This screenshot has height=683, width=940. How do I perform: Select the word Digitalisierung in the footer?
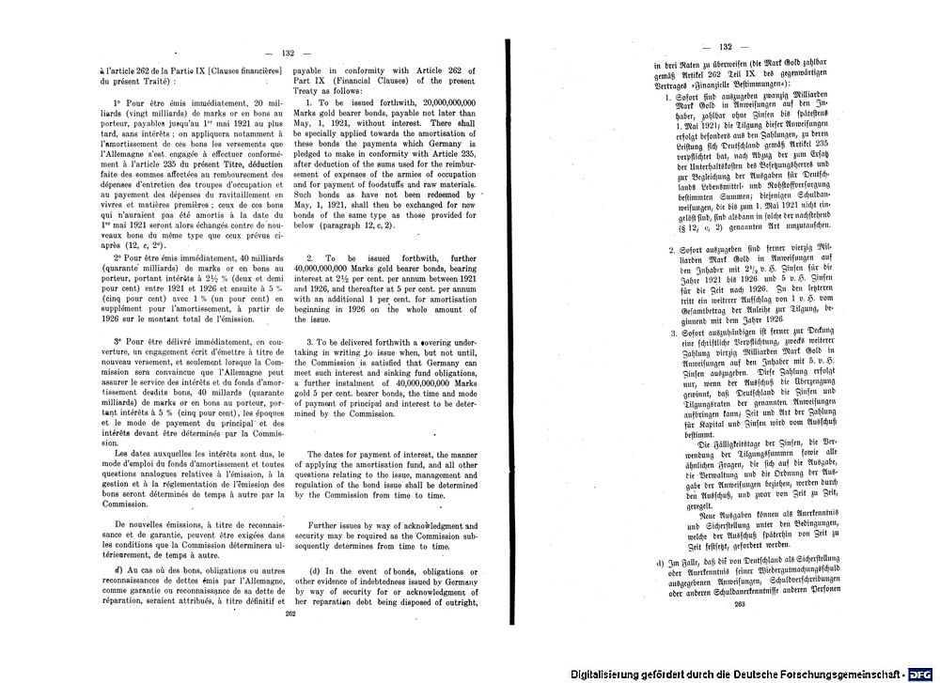tap(615, 674)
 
